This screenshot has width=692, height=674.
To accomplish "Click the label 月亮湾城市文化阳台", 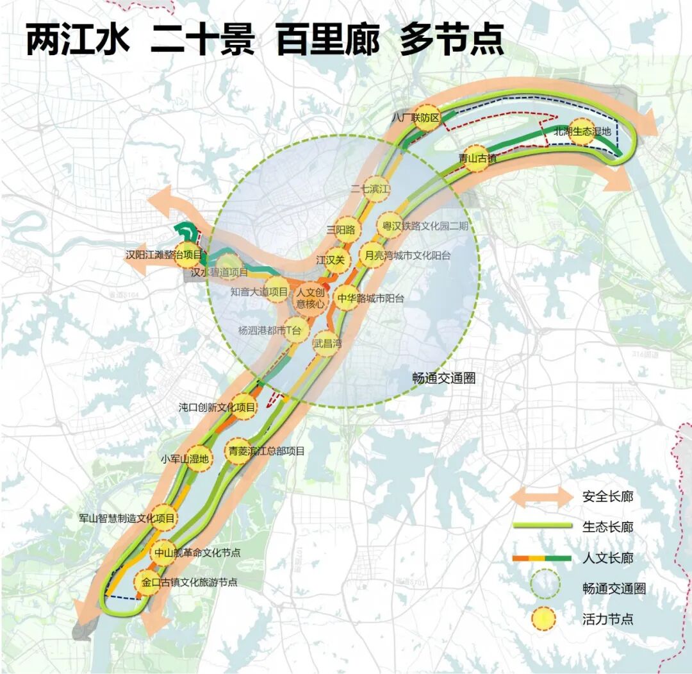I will [x=408, y=255].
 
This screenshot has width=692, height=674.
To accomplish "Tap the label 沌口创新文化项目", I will [x=218, y=407].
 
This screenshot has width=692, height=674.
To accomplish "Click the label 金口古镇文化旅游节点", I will [x=190, y=582].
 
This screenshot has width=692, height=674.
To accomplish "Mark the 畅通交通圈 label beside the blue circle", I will [x=443, y=378].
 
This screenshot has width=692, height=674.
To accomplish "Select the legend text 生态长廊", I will [x=607, y=527].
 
